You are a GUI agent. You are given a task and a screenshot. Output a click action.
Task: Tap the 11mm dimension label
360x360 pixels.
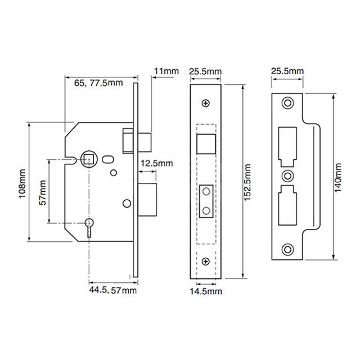click(x=165, y=71)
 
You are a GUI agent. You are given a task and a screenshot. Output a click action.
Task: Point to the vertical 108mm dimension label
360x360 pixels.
click(x=22, y=183)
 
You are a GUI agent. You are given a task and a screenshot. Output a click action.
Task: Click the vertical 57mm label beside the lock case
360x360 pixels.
click(x=42, y=192)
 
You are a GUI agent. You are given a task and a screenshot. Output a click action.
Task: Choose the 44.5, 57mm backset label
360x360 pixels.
click(x=112, y=290)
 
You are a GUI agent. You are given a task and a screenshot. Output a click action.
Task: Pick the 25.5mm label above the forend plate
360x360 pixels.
click(x=205, y=71)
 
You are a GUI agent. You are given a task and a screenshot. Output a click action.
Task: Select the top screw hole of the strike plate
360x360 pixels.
click(x=287, y=103)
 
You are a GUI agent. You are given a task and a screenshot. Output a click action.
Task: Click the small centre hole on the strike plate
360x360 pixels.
click(x=287, y=174)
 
